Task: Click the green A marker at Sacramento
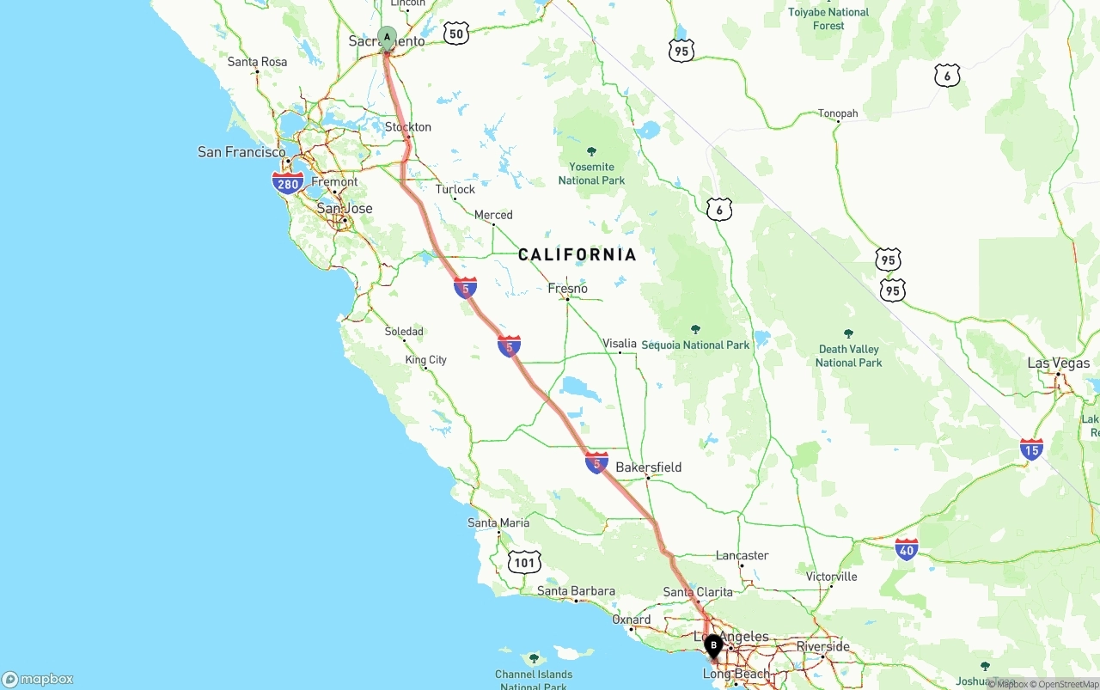click(387, 37)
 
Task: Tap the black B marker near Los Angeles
click(713, 644)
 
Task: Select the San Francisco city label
click(241, 152)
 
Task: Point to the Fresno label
click(568, 289)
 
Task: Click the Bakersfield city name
click(649, 467)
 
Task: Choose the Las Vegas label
click(1058, 363)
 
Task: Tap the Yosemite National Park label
click(591, 174)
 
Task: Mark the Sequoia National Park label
click(695, 345)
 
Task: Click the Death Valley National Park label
click(848, 356)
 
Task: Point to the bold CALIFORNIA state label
click(577, 254)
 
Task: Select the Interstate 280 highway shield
click(287, 183)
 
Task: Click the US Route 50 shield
click(456, 34)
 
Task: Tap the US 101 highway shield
click(524, 563)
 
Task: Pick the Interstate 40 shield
click(907, 549)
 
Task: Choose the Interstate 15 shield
click(1031, 449)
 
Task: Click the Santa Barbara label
click(576, 591)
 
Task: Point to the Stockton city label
click(408, 127)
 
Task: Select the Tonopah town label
click(838, 113)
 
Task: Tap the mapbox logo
click(38, 679)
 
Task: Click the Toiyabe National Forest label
click(828, 19)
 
